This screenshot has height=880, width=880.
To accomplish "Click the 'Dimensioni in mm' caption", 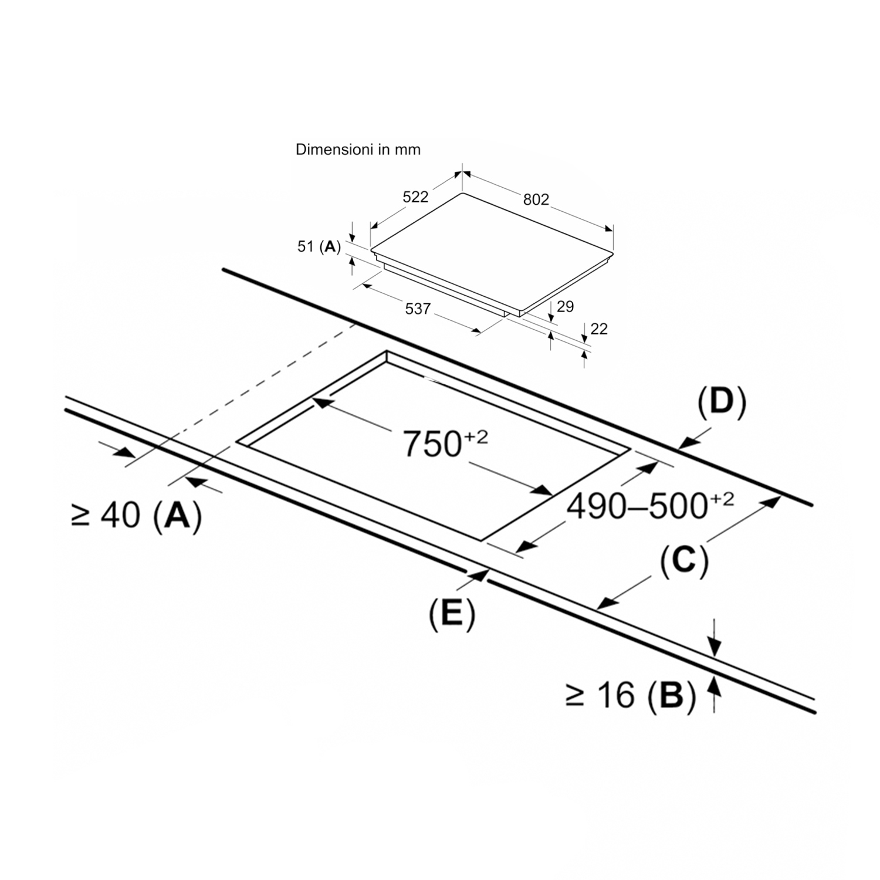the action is click(x=358, y=150).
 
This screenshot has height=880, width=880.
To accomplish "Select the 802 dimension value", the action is click(x=536, y=199).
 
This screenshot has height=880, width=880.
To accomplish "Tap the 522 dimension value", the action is click(x=415, y=197).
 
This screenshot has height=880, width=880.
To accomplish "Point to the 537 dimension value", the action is click(x=418, y=308).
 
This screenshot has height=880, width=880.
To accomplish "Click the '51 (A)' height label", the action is click(x=319, y=246).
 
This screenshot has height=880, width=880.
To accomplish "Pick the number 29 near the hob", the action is click(x=565, y=306).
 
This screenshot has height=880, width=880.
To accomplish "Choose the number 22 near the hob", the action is click(x=599, y=329).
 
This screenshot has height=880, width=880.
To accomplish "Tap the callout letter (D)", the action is click(x=722, y=403).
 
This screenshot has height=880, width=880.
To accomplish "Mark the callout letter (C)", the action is click(x=684, y=561).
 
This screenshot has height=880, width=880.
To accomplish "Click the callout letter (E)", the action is click(x=451, y=614).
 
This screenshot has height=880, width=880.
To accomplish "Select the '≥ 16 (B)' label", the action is click(x=631, y=695).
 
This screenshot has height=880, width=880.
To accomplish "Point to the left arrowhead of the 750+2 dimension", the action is click(x=321, y=402).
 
